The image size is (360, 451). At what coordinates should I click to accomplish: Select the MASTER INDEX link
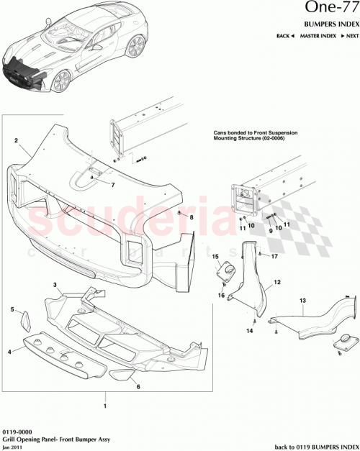pyautogui.click(x=318, y=35)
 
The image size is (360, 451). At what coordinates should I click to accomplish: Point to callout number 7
pyautogui.click(x=113, y=185)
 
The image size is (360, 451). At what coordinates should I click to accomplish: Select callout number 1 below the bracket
pyautogui.click(x=107, y=406)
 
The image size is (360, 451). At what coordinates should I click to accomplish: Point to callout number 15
pyautogui.click(x=215, y=256)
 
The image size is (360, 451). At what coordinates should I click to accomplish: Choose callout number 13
pyautogui.click(x=302, y=299)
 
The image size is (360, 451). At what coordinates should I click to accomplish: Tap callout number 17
pyautogui.click(x=274, y=255)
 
